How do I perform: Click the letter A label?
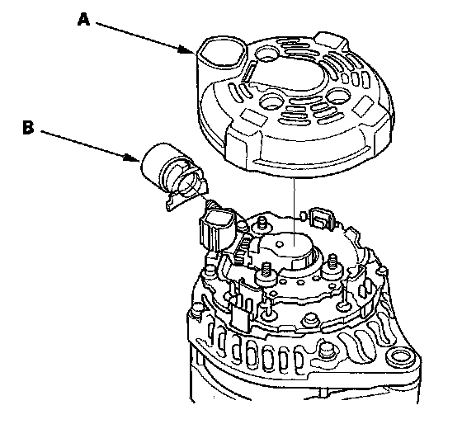pyautogui.click(x=83, y=20)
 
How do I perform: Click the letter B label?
pyautogui.click(x=28, y=128)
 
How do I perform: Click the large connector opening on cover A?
pyautogui.click(x=221, y=52)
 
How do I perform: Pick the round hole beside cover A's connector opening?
pyautogui.click(x=267, y=54)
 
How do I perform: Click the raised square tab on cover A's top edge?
pyautogui.click(x=330, y=40)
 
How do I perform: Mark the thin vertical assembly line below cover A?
pyautogui.click(x=294, y=210)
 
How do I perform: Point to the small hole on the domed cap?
pyautogui.click(x=279, y=243)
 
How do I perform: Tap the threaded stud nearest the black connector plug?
pyautogui.click(x=262, y=223)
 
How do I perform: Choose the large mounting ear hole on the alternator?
pyautogui.click(x=401, y=356)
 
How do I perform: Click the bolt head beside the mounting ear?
pyautogui.click(x=326, y=350)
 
